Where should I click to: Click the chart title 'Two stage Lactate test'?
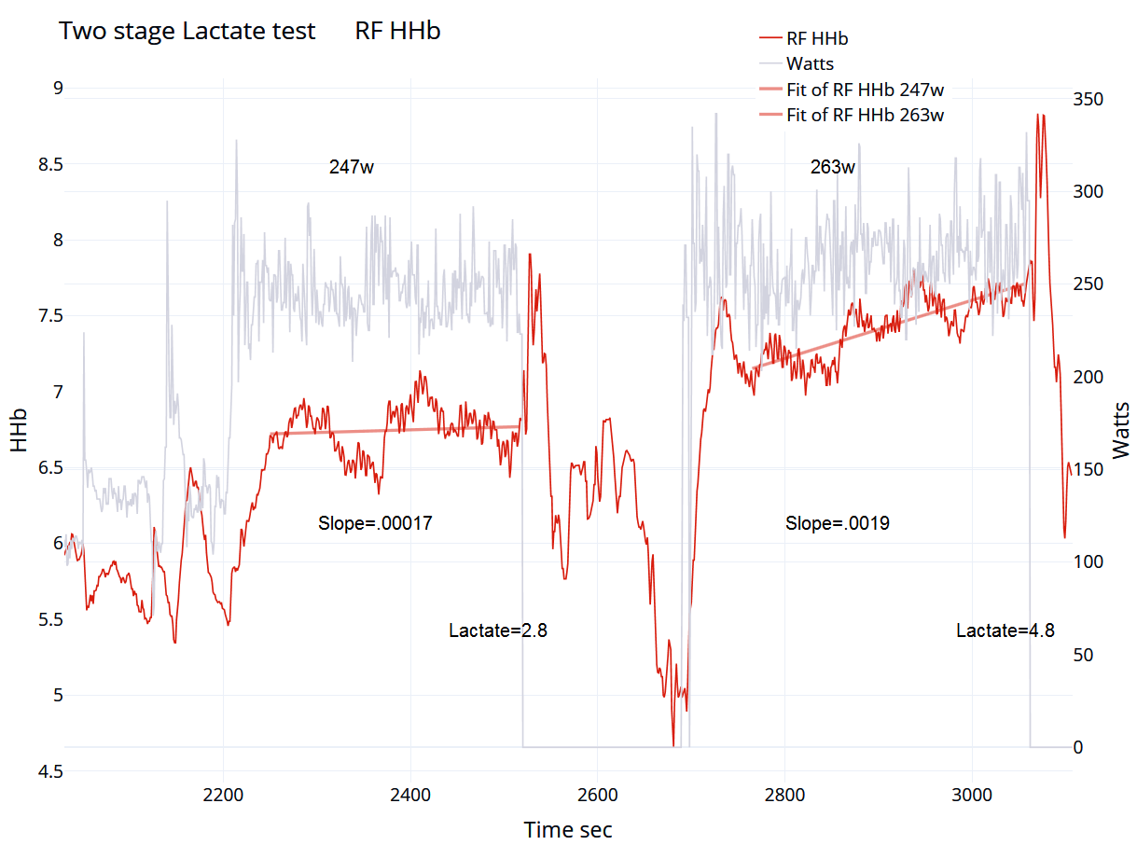tap(187, 31)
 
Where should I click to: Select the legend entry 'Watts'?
tap(810, 64)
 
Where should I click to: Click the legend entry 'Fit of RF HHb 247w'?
tap(865, 90)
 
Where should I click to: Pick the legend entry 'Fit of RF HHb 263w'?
tap(865, 116)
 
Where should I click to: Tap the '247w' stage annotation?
tap(352, 168)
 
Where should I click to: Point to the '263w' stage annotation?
tap(833, 168)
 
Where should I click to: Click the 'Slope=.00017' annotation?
tap(375, 523)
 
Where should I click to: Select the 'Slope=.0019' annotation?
tap(837, 523)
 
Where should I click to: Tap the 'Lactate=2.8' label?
tap(497, 630)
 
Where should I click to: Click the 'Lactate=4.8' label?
tap(1005, 630)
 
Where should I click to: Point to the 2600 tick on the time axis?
tap(598, 796)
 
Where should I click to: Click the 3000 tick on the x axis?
tap(972, 796)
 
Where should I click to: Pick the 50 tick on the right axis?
tap(1086, 655)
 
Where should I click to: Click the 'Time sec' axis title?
tap(568, 829)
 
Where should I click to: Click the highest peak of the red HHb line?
tap(1039, 115)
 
